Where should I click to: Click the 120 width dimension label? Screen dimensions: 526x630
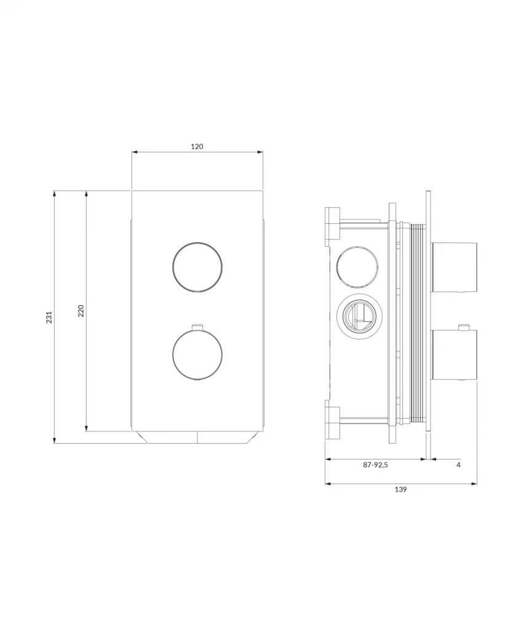[197, 146]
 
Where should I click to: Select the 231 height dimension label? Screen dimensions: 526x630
[49, 317]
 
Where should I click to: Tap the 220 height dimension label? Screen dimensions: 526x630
[81, 311]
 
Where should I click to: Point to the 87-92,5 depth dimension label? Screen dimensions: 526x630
[375, 465]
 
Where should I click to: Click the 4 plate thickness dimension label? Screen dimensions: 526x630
[458, 465]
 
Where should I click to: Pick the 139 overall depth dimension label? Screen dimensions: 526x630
[400, 489]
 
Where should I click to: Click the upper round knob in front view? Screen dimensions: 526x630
[197, 267]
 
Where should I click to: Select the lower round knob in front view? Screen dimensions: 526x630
[197, 354]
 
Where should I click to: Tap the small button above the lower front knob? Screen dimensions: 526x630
[197, 327]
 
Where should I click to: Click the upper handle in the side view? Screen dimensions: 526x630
[454, 267]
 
